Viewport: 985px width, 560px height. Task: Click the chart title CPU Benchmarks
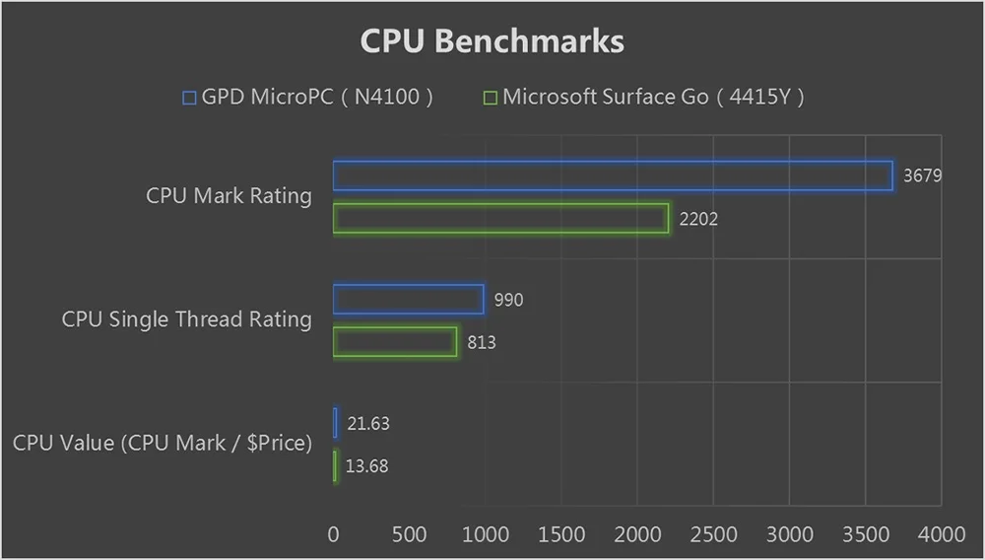492,41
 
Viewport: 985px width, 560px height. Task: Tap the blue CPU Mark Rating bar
613,175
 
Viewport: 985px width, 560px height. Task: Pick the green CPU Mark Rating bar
500,218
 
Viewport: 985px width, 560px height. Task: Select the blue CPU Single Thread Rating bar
408,300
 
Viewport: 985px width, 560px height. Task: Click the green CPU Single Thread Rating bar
395,342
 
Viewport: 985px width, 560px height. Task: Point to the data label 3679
923,176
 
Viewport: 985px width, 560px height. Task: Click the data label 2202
698,219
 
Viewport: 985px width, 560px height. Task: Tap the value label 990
508,300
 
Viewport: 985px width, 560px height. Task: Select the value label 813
482,343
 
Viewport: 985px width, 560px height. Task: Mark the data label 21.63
368,424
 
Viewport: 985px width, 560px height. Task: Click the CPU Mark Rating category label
229,195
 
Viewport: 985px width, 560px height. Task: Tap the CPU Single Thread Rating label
186,319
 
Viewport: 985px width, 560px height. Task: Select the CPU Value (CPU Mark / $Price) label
163,443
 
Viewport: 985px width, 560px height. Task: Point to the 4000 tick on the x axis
942,534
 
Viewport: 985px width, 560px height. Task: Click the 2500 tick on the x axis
713,534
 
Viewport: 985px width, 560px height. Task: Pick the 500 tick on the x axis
410,534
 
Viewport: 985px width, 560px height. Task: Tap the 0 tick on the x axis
334,534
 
